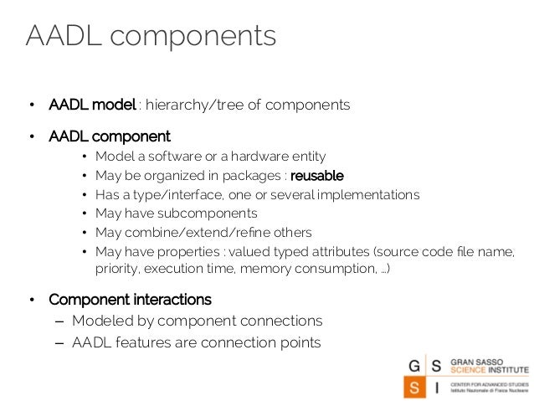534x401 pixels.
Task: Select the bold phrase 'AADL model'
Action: click(92, 105)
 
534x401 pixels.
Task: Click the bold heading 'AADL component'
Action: click(109, 136)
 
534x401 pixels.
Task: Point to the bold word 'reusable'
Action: click(316, 176)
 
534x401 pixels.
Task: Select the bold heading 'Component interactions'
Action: click(130, 300)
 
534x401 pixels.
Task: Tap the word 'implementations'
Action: click(368, 194)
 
